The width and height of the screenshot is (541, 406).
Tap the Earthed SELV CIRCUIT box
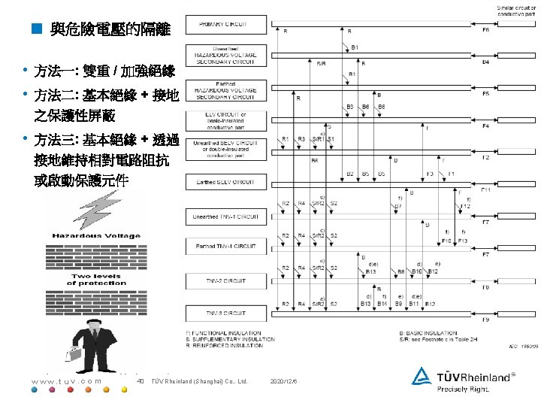[222, 182]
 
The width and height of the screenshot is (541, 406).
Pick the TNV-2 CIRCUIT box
[222, 280]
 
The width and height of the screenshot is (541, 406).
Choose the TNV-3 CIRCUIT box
[222, 313]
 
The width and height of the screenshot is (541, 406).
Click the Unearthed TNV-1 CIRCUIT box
[222, 216]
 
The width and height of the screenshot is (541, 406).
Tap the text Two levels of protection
[97, 280]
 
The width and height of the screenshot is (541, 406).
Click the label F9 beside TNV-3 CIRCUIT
[485, 320]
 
